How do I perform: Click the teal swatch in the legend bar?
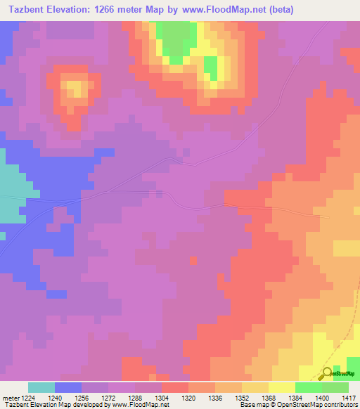tap(41, 387)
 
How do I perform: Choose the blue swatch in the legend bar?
tap(68, 387)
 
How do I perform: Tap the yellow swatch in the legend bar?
tap(282, 387)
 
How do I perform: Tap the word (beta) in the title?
tap(280, 9)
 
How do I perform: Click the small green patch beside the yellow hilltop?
tap(210, 67)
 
